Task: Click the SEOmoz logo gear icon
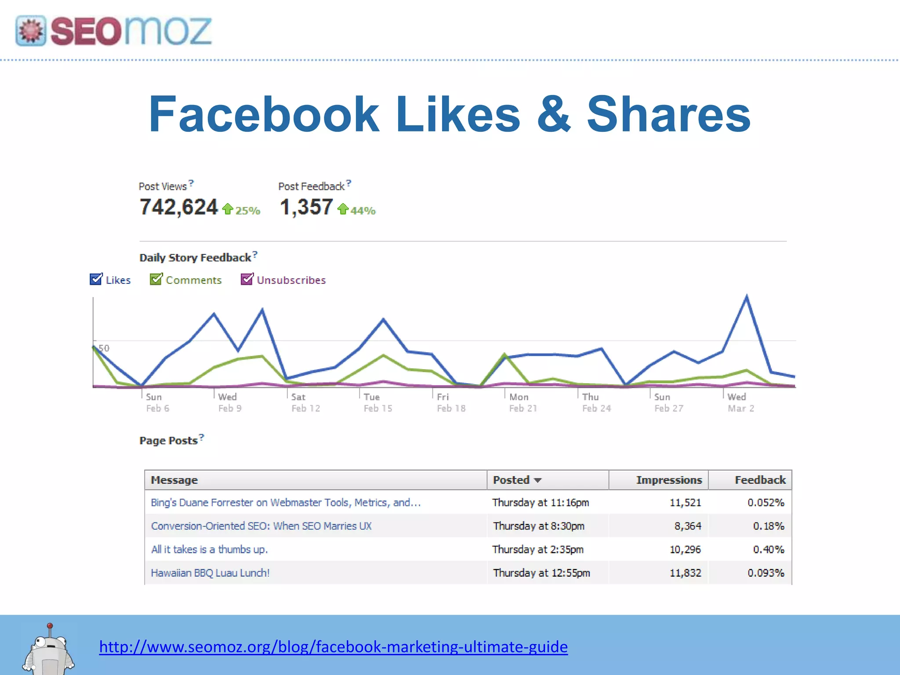[x=31, y=31]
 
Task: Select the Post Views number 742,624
[x=178, y=207]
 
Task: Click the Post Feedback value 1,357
[x=306, y=207]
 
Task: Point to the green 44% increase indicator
[x=357, y=210]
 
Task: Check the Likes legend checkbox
[x=96, y=279]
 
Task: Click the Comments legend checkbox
[x=156, y=279]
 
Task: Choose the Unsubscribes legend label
[x=291, y=280]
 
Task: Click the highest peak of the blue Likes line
[x=747, y=297]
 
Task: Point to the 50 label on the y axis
[x=104, y=348]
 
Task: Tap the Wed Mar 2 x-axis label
[x=740, y=403]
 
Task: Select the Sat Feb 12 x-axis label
[x=305, y=403]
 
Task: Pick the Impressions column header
[x=668, y=480]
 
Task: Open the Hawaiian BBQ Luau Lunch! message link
[x=210, y=573]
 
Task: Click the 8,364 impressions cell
[x=688, y=526]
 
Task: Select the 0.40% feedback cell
[x=768, y=549]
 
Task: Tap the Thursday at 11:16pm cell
[x=541, y=502]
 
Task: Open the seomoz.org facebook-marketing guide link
[x=333, y=647]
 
